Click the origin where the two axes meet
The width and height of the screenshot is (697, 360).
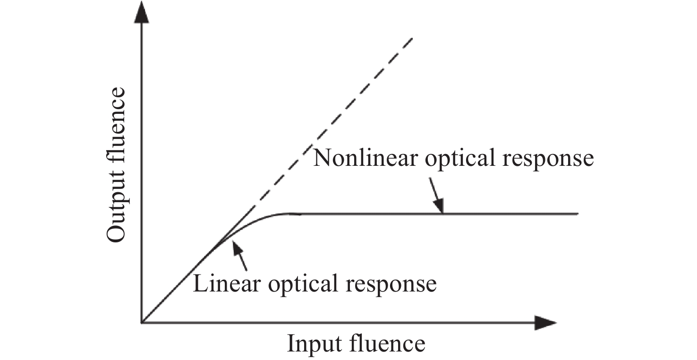click(141, 323)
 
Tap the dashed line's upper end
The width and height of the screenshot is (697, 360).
click(413, 38)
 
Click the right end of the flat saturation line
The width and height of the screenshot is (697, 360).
click(578, 214)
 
